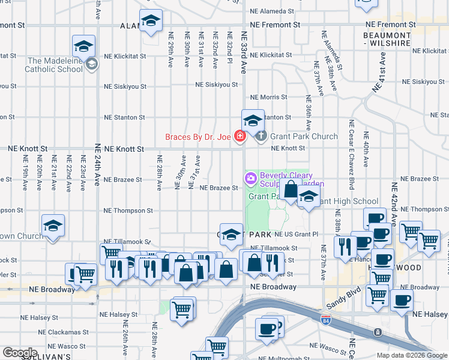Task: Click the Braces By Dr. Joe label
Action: (x=198, y=137)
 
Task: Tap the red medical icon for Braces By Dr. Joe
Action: (x=240, y=137)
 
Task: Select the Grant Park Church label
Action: (x=303, y=136)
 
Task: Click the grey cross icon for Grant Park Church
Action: (x=261, y=137)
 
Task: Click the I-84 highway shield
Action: (x=325, y=320)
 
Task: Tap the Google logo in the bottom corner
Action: (x=20, y=353)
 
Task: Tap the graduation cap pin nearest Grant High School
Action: (x=309, y=198)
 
